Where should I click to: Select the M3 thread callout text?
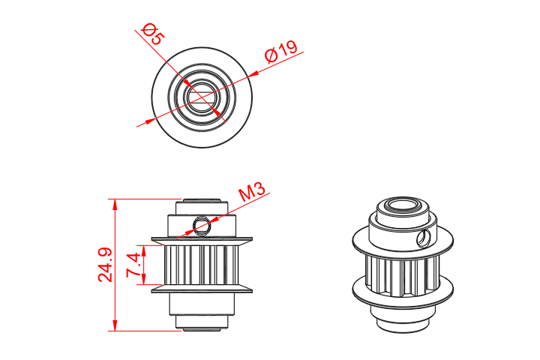253,193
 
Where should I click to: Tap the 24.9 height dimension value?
106,264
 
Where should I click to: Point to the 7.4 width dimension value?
135,265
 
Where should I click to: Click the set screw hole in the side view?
199,224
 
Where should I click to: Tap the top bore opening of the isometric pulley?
402,208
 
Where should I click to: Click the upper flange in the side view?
201,241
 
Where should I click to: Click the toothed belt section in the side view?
201,265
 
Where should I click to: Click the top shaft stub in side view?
201,204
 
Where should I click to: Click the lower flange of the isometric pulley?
403,300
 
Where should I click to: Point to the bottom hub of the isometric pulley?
401,319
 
